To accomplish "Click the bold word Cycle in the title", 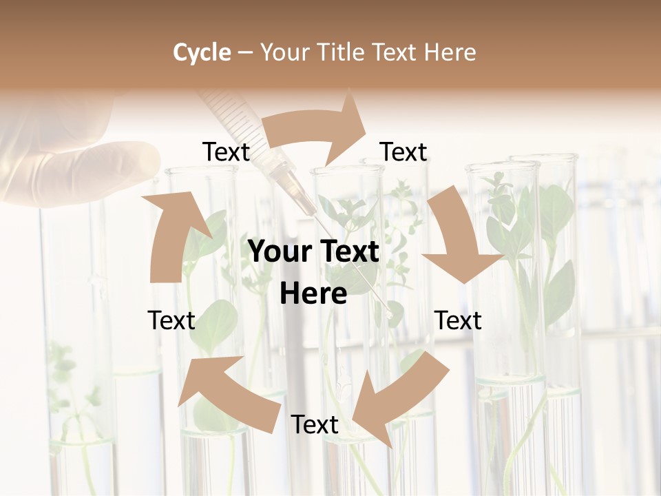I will [x=202, y=52].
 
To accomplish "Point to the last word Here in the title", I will [x=451, y=52].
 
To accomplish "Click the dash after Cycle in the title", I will [x=246, y=52].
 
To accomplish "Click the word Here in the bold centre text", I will [x=313, y=294].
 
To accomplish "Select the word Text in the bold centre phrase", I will [x=347, y=252].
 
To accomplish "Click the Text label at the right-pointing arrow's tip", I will [x=403, y=152].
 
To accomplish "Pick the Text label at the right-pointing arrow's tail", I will [x=226, y=152].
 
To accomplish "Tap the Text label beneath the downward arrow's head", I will [x=459, y=320].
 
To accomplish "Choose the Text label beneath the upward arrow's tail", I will [x=171, y=320].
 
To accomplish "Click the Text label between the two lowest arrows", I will [x=315, y=425].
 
